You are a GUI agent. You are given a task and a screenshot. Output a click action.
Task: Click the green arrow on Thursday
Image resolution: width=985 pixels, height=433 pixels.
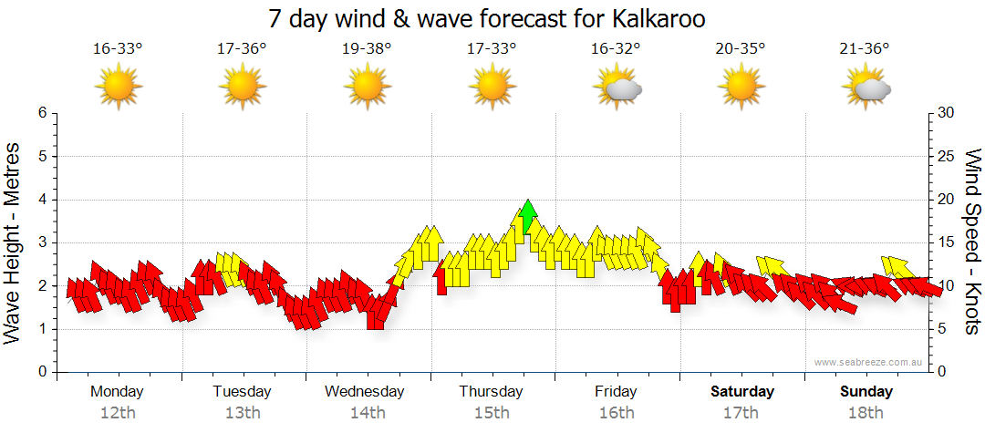pyautogui.click(x=526, y=216)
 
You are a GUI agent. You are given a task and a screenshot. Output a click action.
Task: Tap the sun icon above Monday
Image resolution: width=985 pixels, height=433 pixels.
pyautogui.click(x=118, y=88)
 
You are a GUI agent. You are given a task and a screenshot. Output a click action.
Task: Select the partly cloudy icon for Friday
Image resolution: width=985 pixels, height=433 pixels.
pyautogui.click(x=617, y=88)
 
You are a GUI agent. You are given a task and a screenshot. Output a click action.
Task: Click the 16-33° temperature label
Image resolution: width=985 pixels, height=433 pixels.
pyautogui.click(x=118, y=48)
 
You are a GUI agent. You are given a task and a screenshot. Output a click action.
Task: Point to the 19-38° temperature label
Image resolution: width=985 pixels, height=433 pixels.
pyautogui.click(x=367, y=48)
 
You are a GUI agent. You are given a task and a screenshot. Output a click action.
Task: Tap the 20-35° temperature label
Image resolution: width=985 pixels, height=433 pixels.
pyautogui.click(x=741, y=48)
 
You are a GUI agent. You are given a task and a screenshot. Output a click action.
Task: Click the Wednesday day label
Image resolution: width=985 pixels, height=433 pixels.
pyautogui.click(x=365, y=391)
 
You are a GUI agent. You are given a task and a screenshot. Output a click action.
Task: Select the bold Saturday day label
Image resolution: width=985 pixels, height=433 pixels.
pyautogui.click(x=742, y=391)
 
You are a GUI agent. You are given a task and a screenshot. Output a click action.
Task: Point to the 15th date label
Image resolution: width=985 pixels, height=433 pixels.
pyautogui.click(x=492, y=412)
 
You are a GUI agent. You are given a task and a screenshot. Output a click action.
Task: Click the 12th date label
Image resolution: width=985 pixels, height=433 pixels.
pyautogui.click(x=118, y=412)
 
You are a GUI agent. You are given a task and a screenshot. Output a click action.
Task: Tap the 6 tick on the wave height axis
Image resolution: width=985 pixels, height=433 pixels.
pyautogui.click(x=42, y=113)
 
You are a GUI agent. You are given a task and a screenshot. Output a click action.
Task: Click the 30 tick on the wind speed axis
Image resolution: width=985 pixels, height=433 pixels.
pyautogui.click(x=946, y=113)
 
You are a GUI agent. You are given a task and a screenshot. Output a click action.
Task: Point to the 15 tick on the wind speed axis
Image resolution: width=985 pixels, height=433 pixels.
pyautogui.click(x=946, y=242)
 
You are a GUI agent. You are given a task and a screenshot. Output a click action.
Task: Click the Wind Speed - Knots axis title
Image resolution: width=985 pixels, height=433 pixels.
pyautogui.click(x=972, y=242)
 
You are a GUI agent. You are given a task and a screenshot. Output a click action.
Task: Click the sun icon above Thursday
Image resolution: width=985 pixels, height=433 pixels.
pyautogui.click(x=492, y=88)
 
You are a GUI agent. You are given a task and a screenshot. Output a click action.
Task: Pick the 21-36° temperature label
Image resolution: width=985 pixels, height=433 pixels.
pyautogui.click(x=865, y=48)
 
